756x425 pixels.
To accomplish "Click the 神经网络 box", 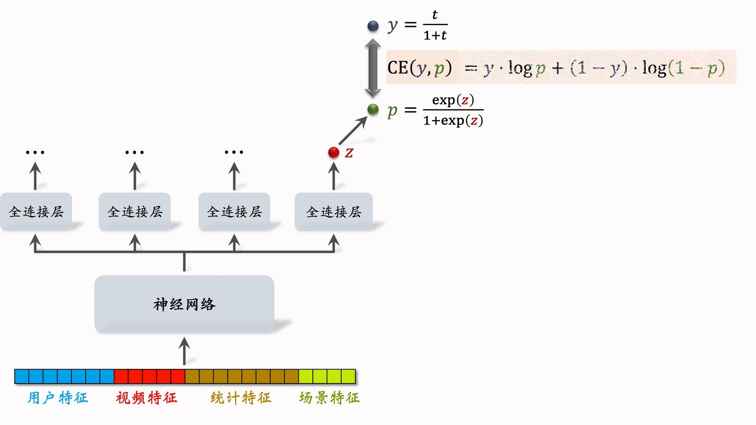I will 184,304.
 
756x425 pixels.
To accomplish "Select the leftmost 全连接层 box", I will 36,212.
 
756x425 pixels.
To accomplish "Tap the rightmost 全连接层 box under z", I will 334,212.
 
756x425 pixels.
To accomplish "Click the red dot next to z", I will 334,152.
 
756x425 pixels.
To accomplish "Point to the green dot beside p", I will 373,109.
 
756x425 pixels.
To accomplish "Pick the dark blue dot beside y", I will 373,26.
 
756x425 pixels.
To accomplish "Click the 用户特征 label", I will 57,398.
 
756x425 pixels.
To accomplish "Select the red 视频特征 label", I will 146,398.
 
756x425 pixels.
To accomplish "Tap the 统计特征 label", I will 241,398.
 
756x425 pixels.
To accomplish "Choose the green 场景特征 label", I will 329,398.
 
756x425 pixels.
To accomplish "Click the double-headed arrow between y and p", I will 372,68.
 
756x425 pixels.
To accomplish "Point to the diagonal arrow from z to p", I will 353,131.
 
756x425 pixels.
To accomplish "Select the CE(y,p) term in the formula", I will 420,68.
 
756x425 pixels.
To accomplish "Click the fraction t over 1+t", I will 435,25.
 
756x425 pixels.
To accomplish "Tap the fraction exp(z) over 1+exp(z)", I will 453,110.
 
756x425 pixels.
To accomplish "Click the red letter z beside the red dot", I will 349,153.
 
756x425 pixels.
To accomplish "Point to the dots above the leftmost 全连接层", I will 35,152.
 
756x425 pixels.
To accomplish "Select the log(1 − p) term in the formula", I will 684,68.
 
